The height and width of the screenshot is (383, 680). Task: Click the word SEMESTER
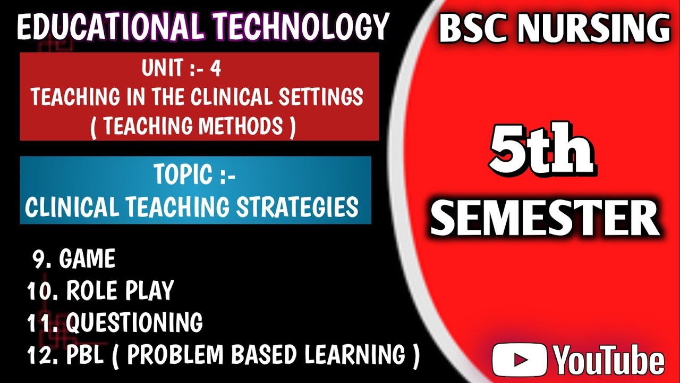pyautogui.click(x=545, y=219)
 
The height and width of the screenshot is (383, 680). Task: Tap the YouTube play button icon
pyautogui.click(x=519, y=360)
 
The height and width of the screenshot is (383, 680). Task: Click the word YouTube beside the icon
pyautogui.click(x=609, y=360)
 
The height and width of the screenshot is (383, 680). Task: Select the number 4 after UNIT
pyautogui.click(x=215, y=69)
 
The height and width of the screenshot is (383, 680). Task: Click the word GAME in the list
pyautogui.click(x=87, y=260)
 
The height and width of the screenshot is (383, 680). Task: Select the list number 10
pyautogui.click(x=39, y=291)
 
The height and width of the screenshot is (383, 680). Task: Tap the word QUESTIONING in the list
pyautogui.click(x=134, y=323)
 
